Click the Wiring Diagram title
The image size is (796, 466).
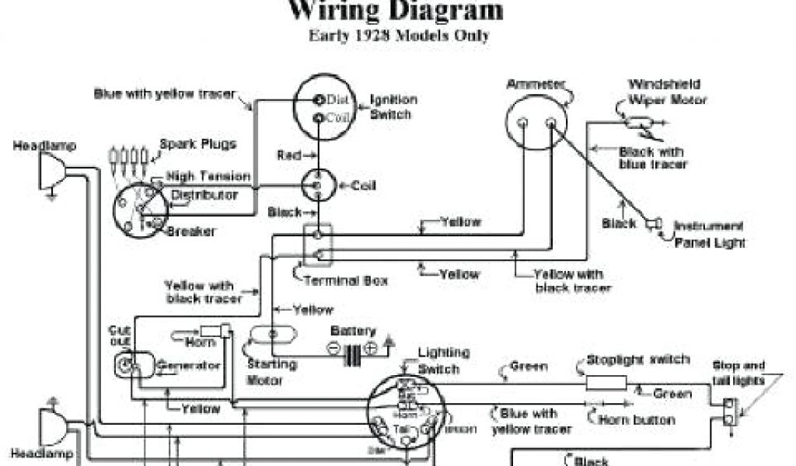(396, 11)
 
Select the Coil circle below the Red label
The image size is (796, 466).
(317, 186)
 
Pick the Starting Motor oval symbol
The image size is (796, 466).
(273, 335)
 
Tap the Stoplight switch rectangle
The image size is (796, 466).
(606, 382)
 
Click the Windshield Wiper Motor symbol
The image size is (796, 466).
(641, 122)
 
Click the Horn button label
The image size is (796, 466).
(637, 420)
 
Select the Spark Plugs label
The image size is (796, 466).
(197, 144)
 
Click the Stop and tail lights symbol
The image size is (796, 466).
(729, 412)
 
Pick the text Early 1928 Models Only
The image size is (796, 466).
(399, 36)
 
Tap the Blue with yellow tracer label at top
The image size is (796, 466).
(164, 94)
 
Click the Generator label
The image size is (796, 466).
(190, 366)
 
